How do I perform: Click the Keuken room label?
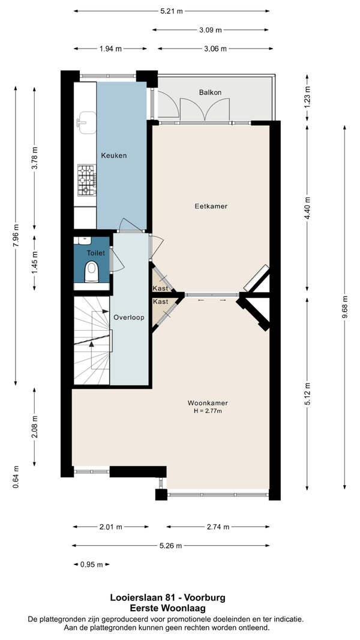pos(114,155)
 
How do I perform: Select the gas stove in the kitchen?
pos(87,180)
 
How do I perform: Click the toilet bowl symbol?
pos(91,271)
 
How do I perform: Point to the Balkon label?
pos(211,92)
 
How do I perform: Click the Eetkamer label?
pos(211,206)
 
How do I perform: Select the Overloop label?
pos(129,317)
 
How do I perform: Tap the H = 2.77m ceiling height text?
pos(208,411)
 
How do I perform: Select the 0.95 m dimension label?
pos(91,565)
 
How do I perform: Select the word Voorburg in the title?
pos(205,597)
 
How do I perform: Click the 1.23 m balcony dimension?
pos(307,98)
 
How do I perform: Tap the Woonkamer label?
pos(208,403)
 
